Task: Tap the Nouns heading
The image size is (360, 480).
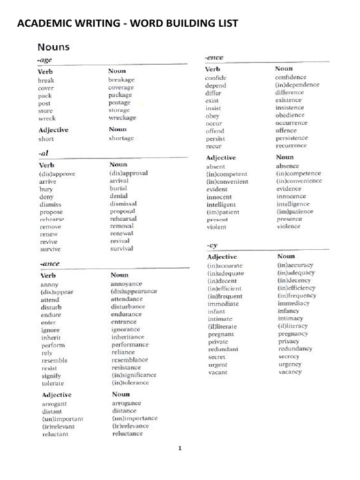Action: click(x=54, y=47)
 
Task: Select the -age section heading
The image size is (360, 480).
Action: click(x=45, y=60)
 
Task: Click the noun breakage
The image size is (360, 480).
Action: click(x=121, y=80)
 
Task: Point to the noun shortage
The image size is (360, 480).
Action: click(x=121, y=138)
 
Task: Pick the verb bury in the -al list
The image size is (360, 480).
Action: click(x=46, y=189)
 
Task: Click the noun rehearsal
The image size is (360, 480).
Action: click(x=123, y=219)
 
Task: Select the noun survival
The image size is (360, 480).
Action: click(x=121, y=249)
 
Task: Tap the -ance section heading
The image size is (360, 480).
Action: click(x=50, y=264)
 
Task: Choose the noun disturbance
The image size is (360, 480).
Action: click(x=128, y=307)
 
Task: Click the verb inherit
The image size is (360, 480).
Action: click(x=51, y=337)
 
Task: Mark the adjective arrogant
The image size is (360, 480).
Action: click(x=54, y=404)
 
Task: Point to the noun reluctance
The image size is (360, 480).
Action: click(x=127, y=434)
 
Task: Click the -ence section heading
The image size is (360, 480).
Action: click(x=214, y=58)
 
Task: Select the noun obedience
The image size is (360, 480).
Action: click(x=290, y=115)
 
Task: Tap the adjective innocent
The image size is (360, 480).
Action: click(x=219, y=197)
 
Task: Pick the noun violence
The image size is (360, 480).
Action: click(x=288, y=226)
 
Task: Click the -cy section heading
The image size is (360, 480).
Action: click(x=212, y=245)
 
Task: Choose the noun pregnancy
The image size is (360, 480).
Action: click(x=293, y=334)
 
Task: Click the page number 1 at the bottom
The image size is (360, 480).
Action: click(x=180, y=448)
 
